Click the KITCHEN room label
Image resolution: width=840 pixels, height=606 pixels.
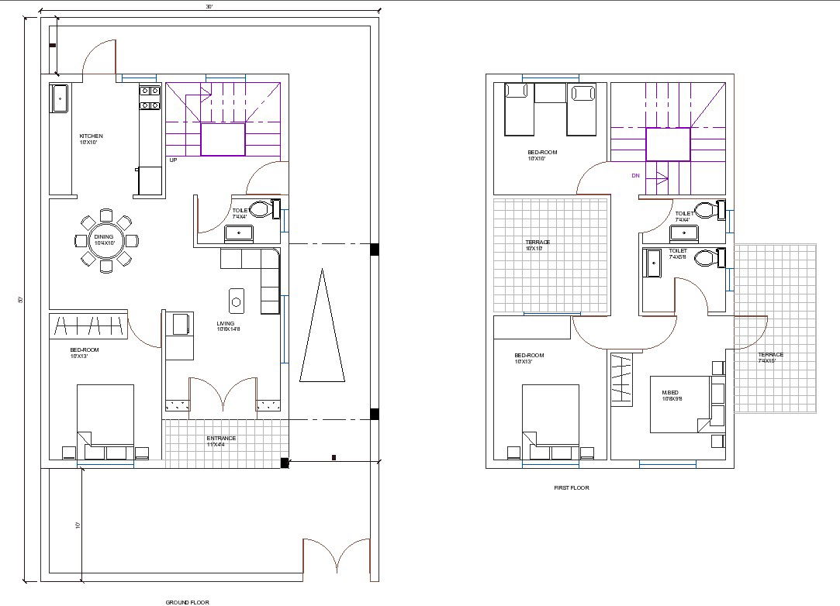[x=91, y=136]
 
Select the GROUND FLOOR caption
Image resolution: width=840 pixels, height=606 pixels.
[x=187, y=601]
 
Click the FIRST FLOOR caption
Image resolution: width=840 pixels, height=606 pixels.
[x=572, y=488]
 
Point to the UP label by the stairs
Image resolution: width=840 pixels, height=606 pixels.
[x=173, y=160]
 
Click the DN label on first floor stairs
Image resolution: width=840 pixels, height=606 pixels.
[x=636, y=176]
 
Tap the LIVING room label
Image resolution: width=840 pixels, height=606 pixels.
[x=226, y=324]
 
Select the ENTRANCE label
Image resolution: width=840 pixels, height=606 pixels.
[x=221, y=439]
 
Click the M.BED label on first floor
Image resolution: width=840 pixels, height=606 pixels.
[x=670, y=393]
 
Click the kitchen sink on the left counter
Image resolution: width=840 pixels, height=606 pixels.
[x=59, y=99]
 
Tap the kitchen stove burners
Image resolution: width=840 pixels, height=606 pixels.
[x=150, y=98]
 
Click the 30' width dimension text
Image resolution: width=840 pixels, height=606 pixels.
[x=209, y=6]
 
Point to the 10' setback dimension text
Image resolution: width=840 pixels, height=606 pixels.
[x=78, y=525]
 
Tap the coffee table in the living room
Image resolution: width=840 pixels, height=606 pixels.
[x=237, y=298]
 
